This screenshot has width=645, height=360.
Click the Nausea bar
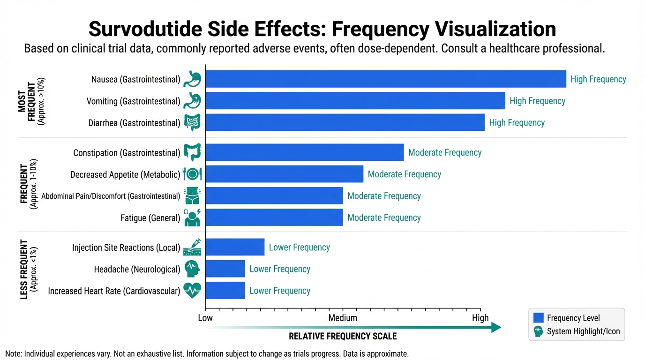pyautogui.click(x=385, y=79)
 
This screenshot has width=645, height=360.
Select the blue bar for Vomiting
pyautogui.click(x=355, y=101)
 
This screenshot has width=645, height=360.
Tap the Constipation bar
pyautogui.click(x=304, y=152)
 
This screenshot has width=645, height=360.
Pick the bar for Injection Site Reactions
pyautogui.click(x=235, y=247)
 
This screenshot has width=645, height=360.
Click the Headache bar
pyautogui.click(x=225, y=269)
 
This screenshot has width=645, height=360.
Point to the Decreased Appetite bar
pyautogui.click(x=284, y=174)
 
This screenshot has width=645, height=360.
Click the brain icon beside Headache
pyautogui.click(x=192, y=269)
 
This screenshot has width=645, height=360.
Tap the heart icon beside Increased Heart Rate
pyautogui.click(x=192, y=291)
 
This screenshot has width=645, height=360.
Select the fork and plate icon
pyautogui.click(x=192, y=174)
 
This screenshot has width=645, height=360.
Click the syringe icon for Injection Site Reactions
pyautogui.click(x=192, y=247)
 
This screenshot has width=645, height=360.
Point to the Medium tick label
pyautogui.click(x=343, y=318)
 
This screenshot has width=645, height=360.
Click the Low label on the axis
pyautogui.click(x=205, y=318)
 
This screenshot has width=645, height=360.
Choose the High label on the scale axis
pyautogui.click(x=480, y=318)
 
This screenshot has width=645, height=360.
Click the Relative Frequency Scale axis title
pyautogui.click(x=343, y=336)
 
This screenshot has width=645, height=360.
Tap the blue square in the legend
pyautogui.click(x=539, y=318)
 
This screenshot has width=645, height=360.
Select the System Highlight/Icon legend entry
pyautogui.click(x=583, y=331)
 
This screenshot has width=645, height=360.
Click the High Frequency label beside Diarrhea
pyautogui.click(x=517, y=123)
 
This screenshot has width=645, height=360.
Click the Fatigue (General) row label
pyautogui.click(x=150, y=217)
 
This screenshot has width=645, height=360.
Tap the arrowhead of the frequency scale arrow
pyautogui.click(x=497, y=328)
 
